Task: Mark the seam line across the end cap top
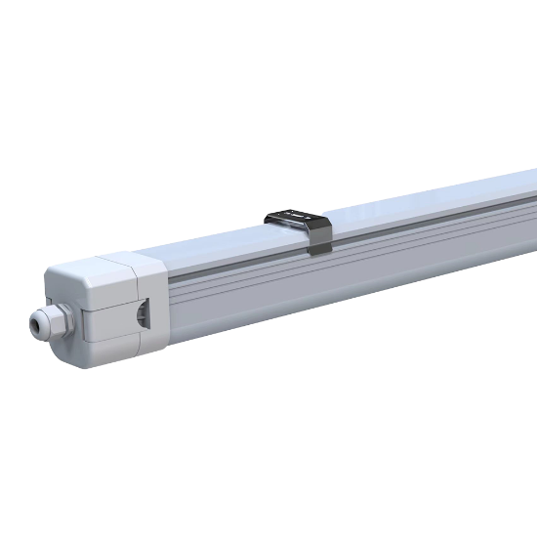pos(115,263)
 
